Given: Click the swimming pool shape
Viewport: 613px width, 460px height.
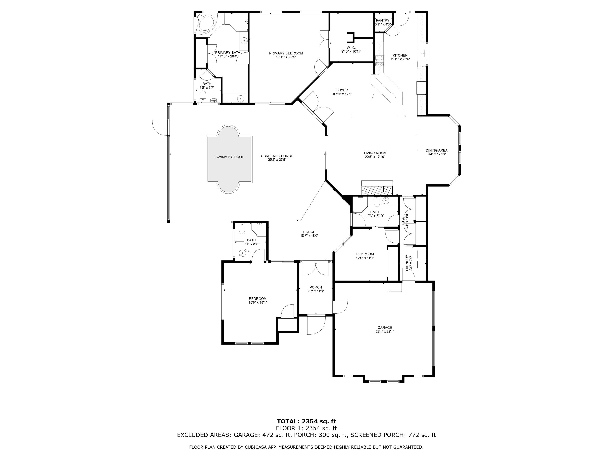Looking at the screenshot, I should pyautogui.click(x=229, y=159).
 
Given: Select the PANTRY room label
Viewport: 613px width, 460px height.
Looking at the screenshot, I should pyautogui.click(x=383, y=20).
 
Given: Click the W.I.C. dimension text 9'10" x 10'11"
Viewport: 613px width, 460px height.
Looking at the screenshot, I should pyautogui.click(x=351, y=52).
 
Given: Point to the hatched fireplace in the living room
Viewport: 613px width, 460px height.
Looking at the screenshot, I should pyautogui.click(x=377, y=190).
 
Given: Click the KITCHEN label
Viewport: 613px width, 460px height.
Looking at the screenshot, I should pyautogui.click(x=400, y=55).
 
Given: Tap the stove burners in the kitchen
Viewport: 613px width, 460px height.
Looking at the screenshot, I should pyautogui.click(x=380, y=61).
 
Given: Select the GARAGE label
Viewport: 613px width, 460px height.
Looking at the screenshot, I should pyautogui.click(x=385, y=328).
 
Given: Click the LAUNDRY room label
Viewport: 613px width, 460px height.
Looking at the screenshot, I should pyautogui.click(x=407, y=263).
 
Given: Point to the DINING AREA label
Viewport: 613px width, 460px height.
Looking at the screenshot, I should pyautogui.click(x=436, y=150).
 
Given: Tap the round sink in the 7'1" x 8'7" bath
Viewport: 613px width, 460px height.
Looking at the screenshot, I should pyautogui.click(x=243, y=253).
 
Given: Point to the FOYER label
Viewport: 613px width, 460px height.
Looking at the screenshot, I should pyautogui.click(x=342, y=90).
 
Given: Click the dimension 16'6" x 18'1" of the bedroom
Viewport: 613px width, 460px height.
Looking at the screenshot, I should pyautogui.click(x=257, y=303).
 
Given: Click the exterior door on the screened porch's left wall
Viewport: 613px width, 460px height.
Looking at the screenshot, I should pyautogui.click(x=160, y=128).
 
